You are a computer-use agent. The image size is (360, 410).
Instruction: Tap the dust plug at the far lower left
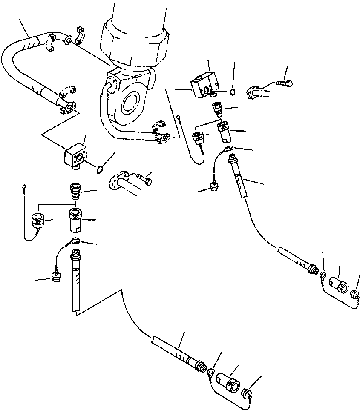coord(56,276)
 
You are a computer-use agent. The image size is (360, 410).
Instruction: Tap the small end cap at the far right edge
coord(354,295)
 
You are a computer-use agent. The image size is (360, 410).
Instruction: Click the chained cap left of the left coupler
coord(37,221)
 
